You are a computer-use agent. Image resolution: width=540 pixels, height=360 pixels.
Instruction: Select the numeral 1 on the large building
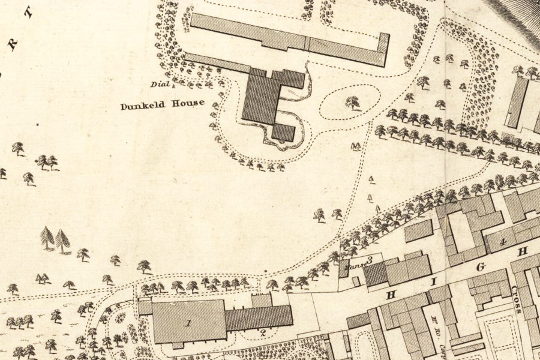click(188, 323)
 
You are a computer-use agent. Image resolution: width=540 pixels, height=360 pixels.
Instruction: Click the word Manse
click(355, 263)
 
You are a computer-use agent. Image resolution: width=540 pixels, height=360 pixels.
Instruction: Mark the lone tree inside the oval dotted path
click(352, 103)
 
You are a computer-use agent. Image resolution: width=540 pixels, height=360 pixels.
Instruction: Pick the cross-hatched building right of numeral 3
click(376, 274)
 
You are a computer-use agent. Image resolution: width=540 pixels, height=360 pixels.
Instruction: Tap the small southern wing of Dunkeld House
click(284, 132)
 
